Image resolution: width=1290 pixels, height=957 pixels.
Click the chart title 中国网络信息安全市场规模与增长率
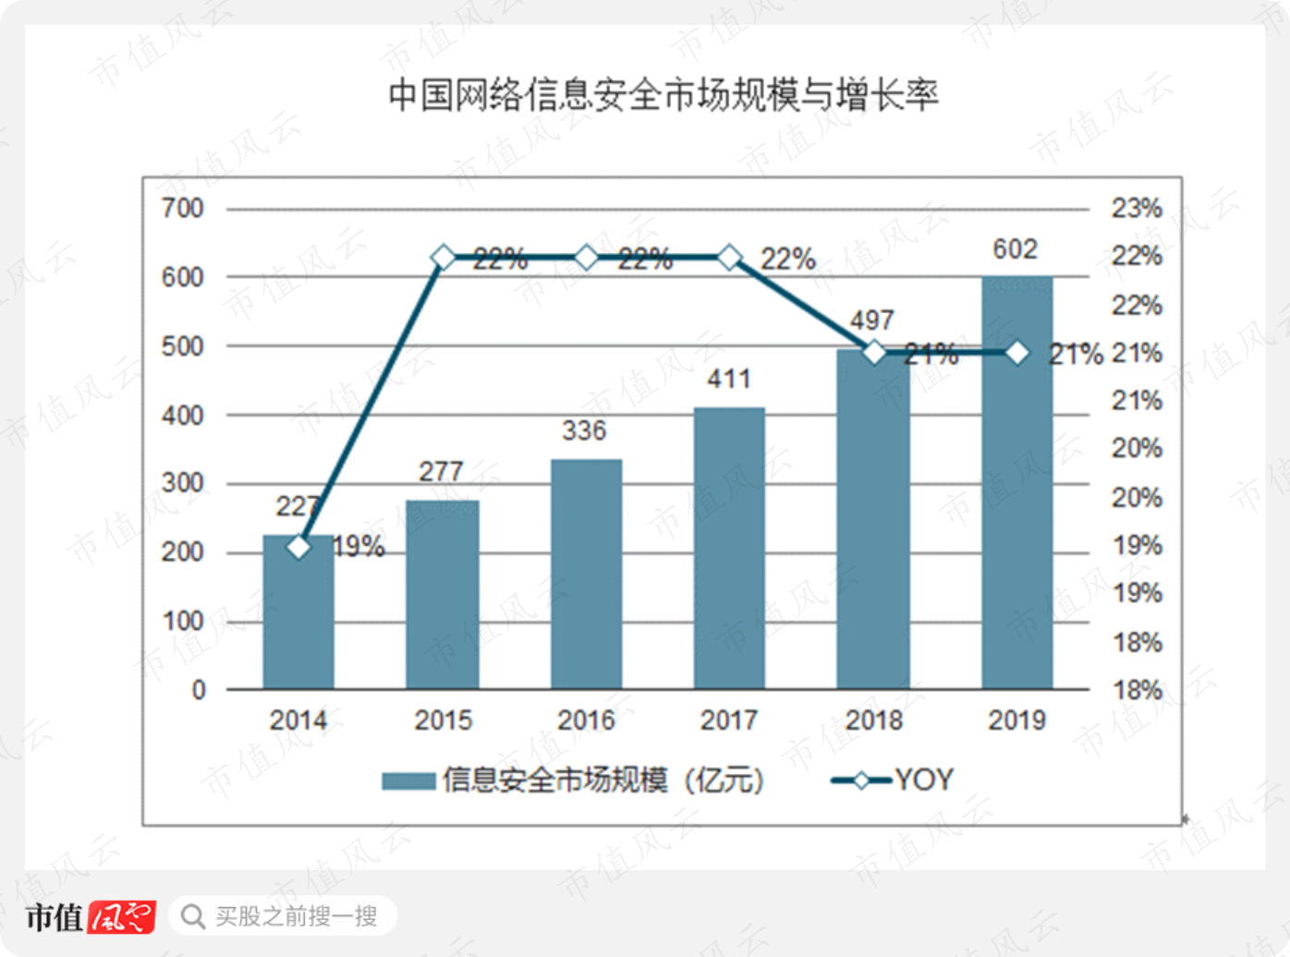663,95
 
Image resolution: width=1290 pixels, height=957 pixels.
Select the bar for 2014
298,612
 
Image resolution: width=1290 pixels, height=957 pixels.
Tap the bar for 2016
586,575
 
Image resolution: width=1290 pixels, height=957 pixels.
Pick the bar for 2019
1017,483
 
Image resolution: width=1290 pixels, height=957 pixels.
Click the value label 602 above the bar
1015,249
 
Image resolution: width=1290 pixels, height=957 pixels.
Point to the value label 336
584,430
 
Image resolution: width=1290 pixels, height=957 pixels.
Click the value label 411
729,379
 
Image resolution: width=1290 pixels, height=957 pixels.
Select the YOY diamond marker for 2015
444,257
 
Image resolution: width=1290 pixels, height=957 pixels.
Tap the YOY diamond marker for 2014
299,547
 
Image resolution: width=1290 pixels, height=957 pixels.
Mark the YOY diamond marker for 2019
1017,352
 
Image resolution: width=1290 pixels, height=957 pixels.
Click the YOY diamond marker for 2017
730,257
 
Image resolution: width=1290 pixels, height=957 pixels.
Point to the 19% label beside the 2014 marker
359,547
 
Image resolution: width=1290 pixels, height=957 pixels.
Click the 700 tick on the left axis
183,208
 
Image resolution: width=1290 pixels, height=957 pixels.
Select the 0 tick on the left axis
199,690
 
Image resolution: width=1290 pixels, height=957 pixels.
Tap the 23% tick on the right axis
1137,208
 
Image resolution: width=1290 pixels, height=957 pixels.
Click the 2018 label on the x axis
873,721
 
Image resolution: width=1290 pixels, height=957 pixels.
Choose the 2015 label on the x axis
444,721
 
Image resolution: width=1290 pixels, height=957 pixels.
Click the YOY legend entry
892,780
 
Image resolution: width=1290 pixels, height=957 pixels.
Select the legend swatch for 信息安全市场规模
408,781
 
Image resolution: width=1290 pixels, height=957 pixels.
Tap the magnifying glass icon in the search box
193,917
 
